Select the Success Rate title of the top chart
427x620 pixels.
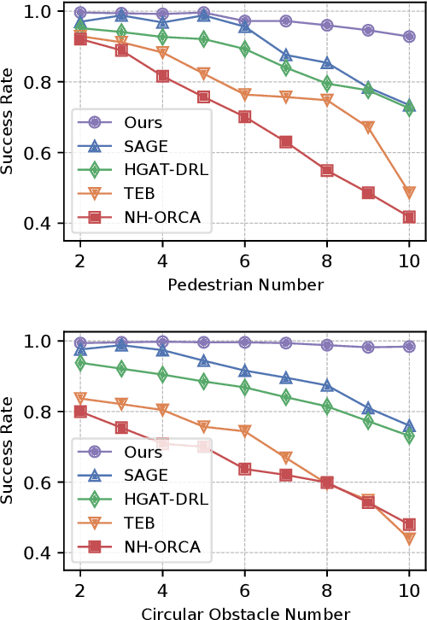coord(10,119)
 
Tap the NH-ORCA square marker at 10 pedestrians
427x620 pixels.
coord(409,217)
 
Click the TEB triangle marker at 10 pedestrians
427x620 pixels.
coord(409,192)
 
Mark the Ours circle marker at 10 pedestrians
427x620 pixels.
coord(409,37)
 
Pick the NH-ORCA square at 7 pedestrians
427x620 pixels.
coord(286,142)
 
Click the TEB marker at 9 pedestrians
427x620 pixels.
coord(368,128)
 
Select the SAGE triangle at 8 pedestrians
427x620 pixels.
coord(327,63)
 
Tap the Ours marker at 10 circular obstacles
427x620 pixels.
coord(409,347)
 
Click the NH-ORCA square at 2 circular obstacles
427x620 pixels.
coord(80,412)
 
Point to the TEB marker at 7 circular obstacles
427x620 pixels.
coord(286,459)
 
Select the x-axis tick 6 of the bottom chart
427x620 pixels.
coord(245,591)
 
